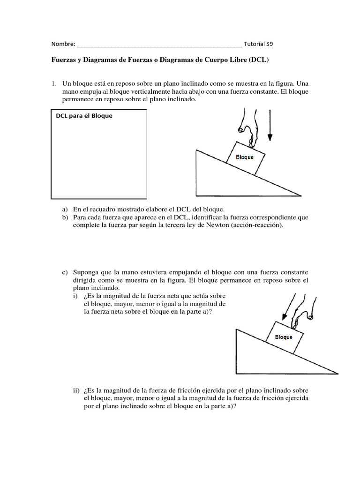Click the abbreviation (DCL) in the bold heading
click(x=260, y=60)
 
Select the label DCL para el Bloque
click(x=84, y=116)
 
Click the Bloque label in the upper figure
click(x=244, y=157)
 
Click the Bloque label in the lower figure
click(x=284, y=337)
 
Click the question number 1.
click(x=54, y=83)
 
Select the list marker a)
click(x=65, y=209)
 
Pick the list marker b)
click(x=65, y=217)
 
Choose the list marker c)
click(x=65, y=272)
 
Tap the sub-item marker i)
click(x=75, y=296)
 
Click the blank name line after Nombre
click(x=159, y=45)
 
